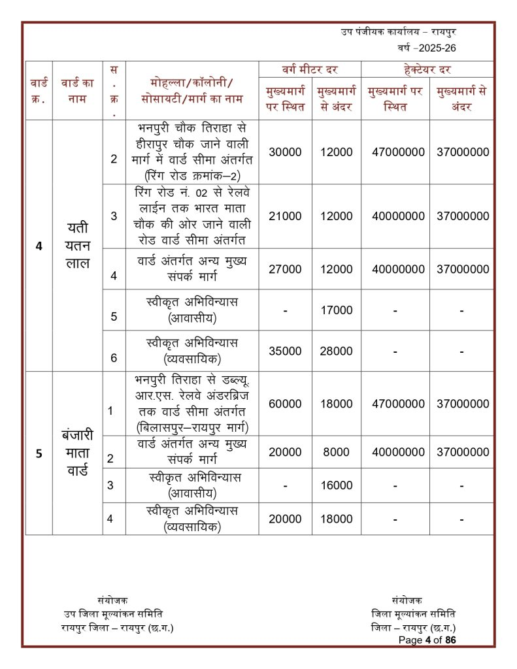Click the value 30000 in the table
285,152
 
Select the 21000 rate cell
285,216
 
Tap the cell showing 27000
285,269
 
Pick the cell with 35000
285,351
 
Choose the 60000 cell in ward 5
285,404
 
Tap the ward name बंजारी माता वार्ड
77,452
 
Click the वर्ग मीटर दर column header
310,69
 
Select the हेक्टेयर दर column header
427,69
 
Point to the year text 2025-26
431,48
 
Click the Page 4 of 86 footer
427,640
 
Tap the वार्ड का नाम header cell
77,91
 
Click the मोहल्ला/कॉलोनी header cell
192,91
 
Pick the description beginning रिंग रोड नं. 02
192,216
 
